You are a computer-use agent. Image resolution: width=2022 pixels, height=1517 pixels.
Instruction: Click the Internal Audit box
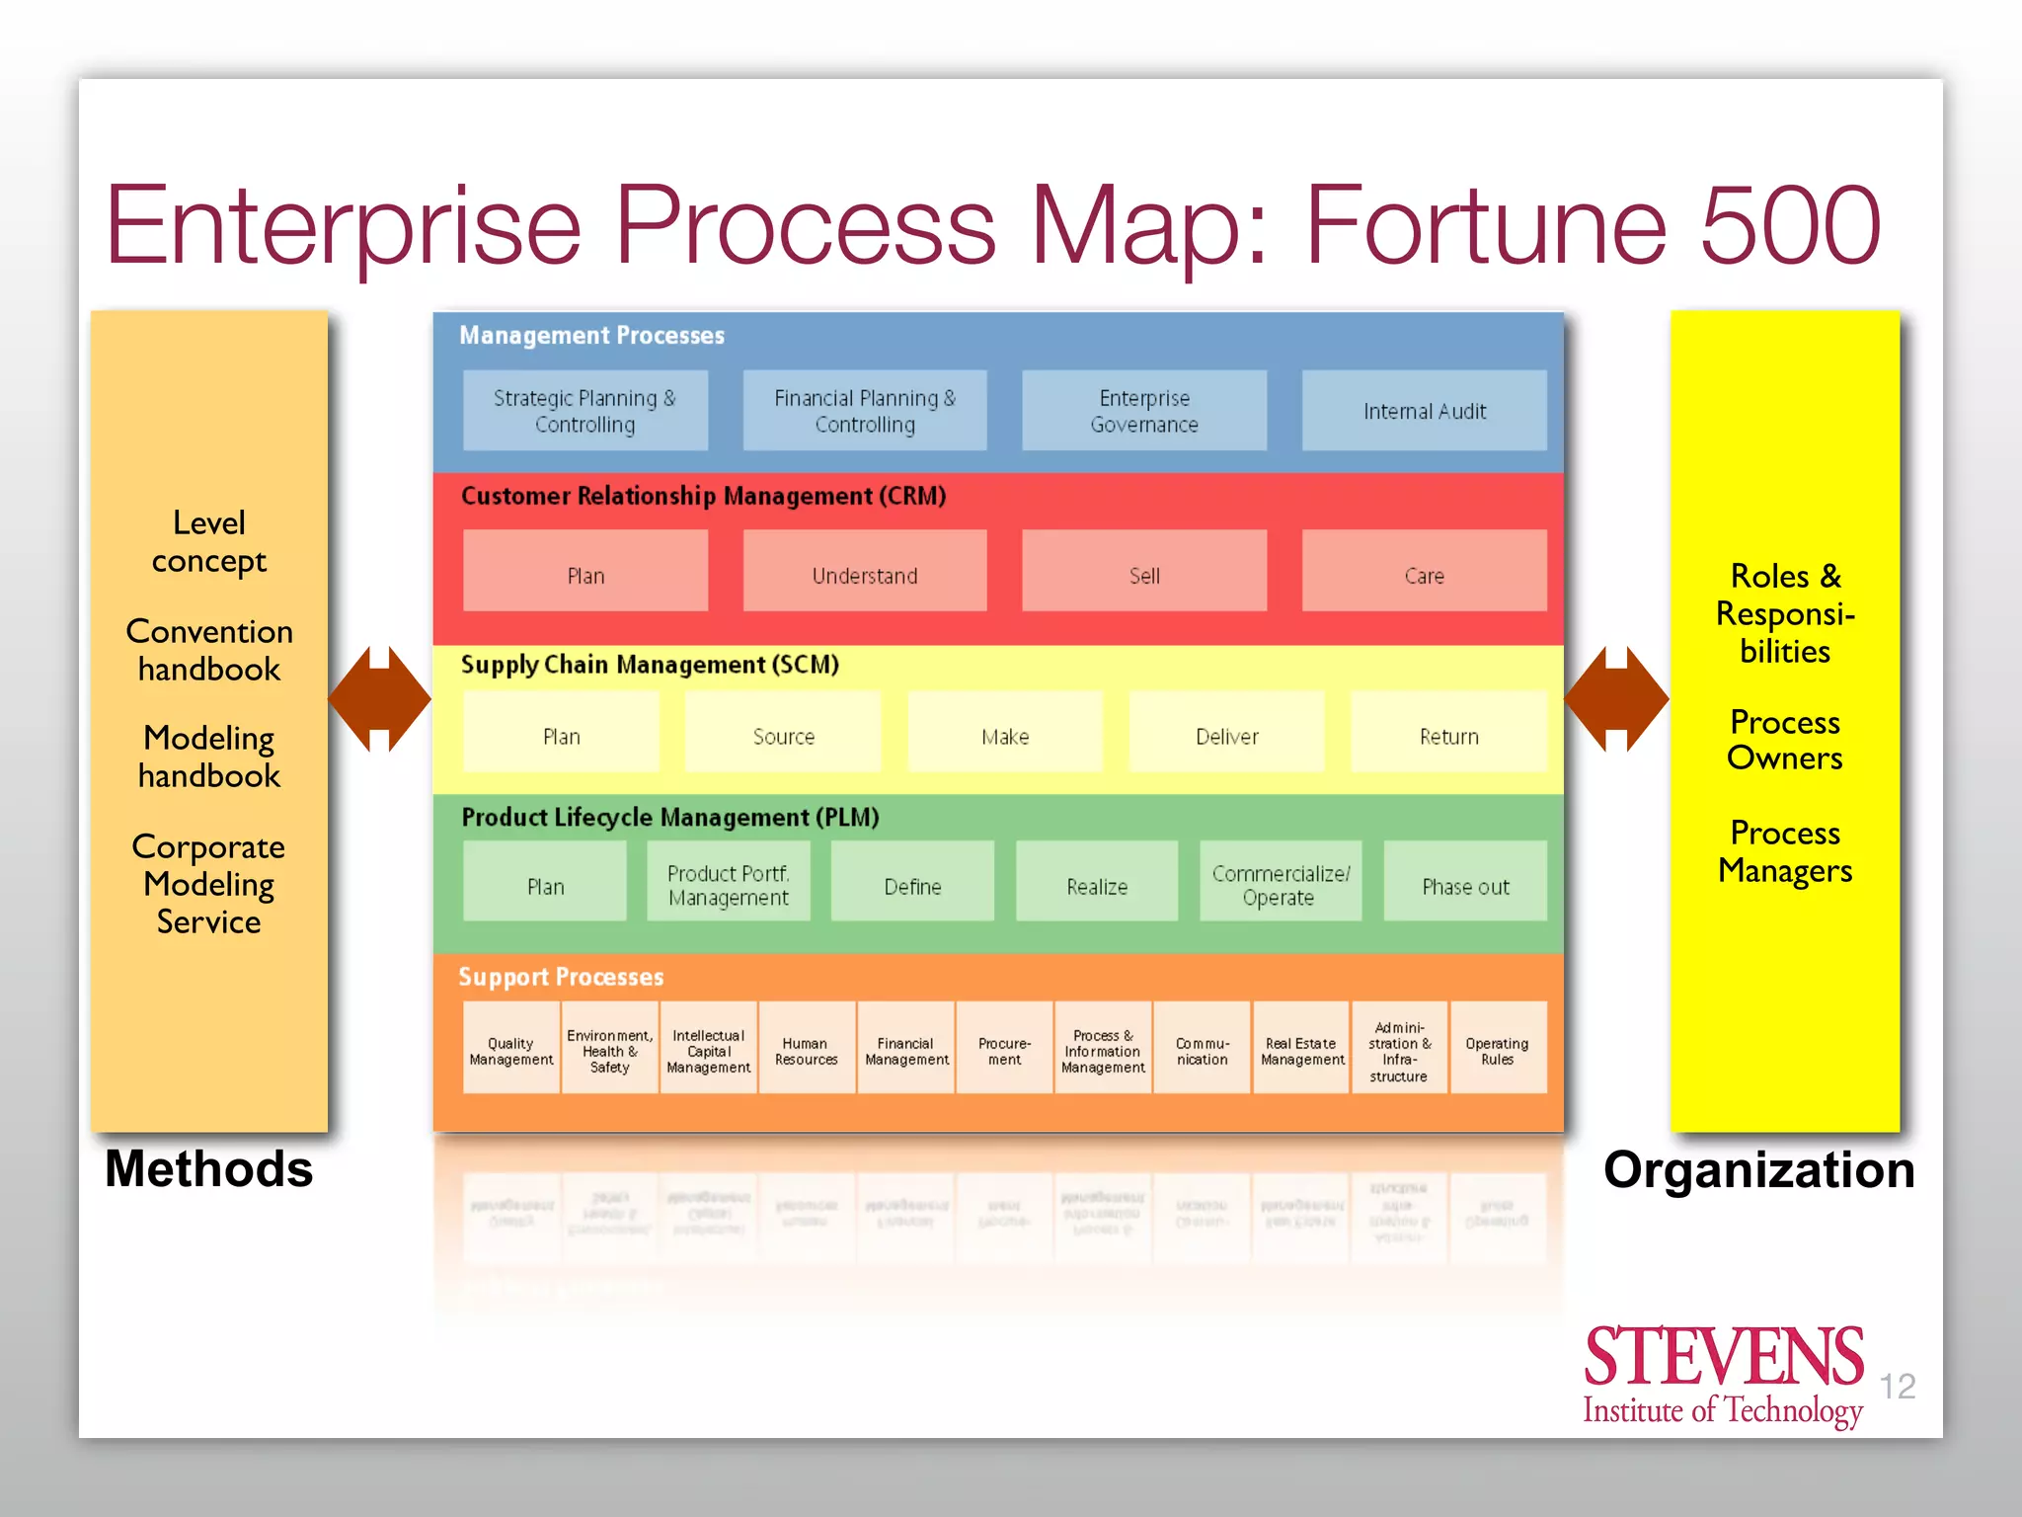[1424, 411]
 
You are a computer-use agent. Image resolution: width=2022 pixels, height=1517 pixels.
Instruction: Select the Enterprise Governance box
[1144, 411]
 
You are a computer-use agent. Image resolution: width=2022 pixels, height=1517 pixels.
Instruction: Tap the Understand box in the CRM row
[865, 574]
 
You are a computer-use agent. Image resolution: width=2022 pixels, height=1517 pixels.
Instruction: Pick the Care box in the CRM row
[1424, 574]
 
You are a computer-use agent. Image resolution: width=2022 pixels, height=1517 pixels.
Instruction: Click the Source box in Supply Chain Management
[783, 735]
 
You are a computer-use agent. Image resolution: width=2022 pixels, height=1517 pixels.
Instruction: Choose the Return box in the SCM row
[1448, 735]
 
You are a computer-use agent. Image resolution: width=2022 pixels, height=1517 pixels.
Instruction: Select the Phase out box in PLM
[1465, 885]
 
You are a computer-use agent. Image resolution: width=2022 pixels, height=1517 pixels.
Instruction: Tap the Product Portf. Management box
[729, 885]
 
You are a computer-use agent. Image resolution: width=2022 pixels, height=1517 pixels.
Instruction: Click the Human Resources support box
[807, 1050]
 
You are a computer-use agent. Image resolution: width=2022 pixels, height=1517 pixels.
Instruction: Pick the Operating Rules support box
[1497, 1050]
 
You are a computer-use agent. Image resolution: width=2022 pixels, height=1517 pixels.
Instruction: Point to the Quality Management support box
[511, 1050]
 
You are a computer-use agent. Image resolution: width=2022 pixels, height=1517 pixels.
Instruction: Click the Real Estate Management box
[1301, 1050]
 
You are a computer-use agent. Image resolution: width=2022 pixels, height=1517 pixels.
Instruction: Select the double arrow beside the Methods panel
[379, 699]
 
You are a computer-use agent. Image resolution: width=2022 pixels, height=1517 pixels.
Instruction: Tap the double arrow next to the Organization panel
[1616, 699]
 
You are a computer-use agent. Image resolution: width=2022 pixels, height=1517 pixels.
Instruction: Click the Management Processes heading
[591, 336]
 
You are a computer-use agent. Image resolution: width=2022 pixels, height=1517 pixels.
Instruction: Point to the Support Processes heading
[561, 977]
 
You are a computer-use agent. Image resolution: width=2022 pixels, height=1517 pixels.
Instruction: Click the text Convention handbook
[209, 650]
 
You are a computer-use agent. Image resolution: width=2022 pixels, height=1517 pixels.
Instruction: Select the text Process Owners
[1785, 740]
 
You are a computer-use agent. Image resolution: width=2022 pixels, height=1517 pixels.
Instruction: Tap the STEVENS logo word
[1723, 1357]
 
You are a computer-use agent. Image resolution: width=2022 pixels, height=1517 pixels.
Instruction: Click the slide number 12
[1897, 1387]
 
